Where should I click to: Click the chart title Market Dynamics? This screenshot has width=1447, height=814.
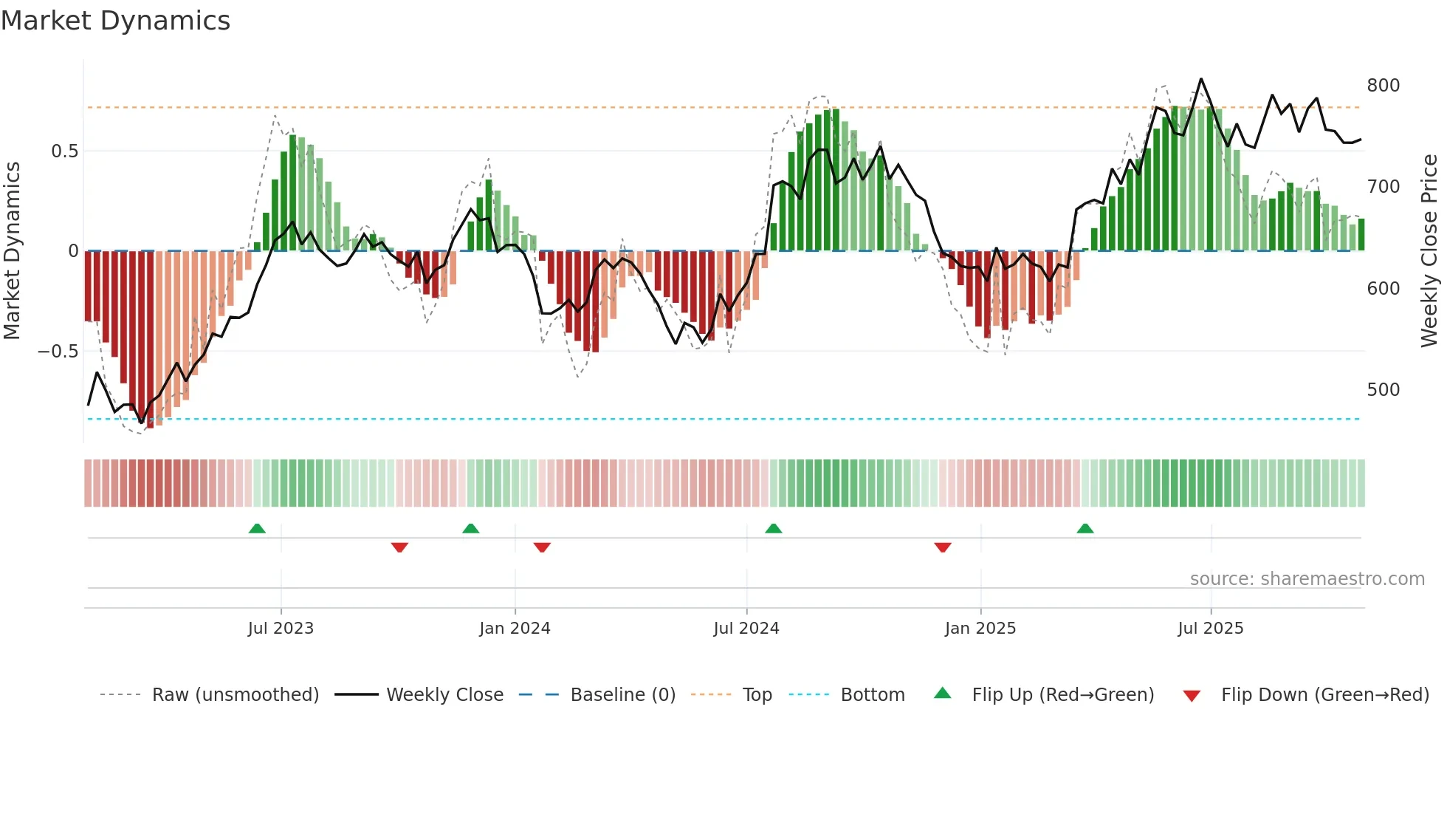(115, 21)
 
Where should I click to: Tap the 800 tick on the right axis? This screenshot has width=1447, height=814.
(1383, 86)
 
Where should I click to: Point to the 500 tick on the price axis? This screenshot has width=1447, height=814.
(1383, 390)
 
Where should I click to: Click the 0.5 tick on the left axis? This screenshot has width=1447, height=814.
(64, 151)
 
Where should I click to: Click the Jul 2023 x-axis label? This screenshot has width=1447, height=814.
(281, 629)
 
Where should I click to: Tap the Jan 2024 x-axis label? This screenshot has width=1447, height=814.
(515, 629)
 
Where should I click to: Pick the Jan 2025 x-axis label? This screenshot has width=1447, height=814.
(980, 629)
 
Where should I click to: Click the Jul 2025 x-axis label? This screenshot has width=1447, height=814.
(1210, 629)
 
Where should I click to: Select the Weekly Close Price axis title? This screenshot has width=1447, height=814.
(1429, 251)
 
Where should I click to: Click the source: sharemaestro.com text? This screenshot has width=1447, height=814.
(1307, 579)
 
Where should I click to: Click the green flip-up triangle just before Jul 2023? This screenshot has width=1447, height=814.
(257, 528)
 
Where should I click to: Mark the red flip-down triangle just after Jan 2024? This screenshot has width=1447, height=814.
(542, 547)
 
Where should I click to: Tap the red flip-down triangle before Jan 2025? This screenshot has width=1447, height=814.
(942, 547)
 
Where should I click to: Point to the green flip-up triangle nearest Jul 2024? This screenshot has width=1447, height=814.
(773, 528)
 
